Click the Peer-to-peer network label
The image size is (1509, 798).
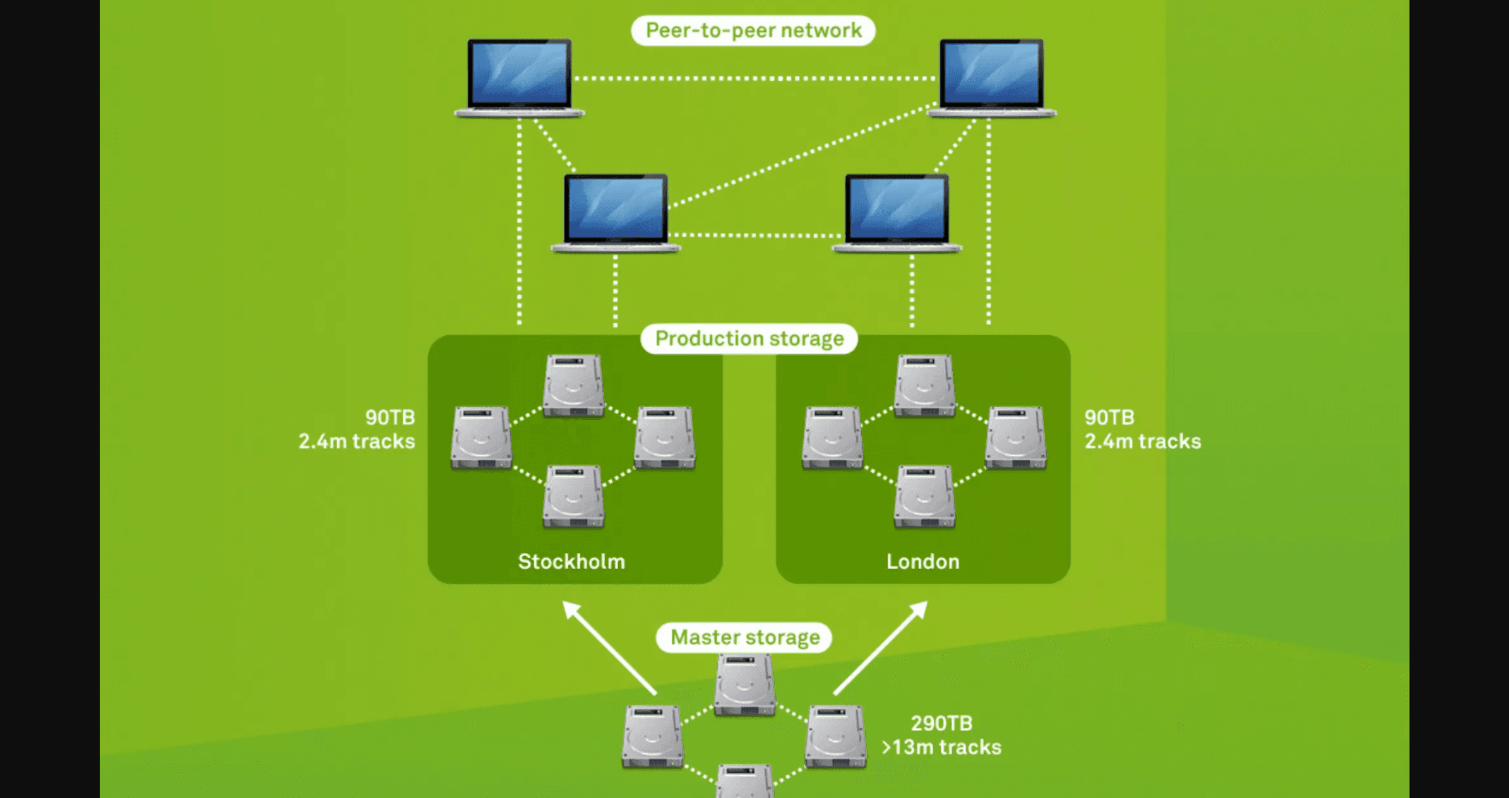click(753, 30)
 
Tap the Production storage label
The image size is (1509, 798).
click(749, 339)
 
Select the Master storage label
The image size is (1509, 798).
click(744, 638)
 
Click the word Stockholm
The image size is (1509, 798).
click(571, 561)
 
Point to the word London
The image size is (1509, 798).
click(922, 561)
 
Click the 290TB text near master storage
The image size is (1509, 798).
click(941, 723)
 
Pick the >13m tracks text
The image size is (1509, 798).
click(941, 747)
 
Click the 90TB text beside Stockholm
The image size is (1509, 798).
click(390, 417)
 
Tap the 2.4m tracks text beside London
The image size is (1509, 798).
click(1142, 441)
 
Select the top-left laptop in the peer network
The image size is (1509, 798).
click(519, 78)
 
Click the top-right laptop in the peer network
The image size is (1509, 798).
click(991, 78)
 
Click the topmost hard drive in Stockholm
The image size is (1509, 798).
click(573, 386)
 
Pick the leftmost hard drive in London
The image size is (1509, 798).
click(832, 438)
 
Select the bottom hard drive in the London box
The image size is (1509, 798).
click(924, 497)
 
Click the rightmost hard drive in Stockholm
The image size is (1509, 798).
click(664, 438)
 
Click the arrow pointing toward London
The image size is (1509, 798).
click(881, 646)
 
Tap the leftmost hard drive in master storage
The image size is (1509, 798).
click(652, 737)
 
